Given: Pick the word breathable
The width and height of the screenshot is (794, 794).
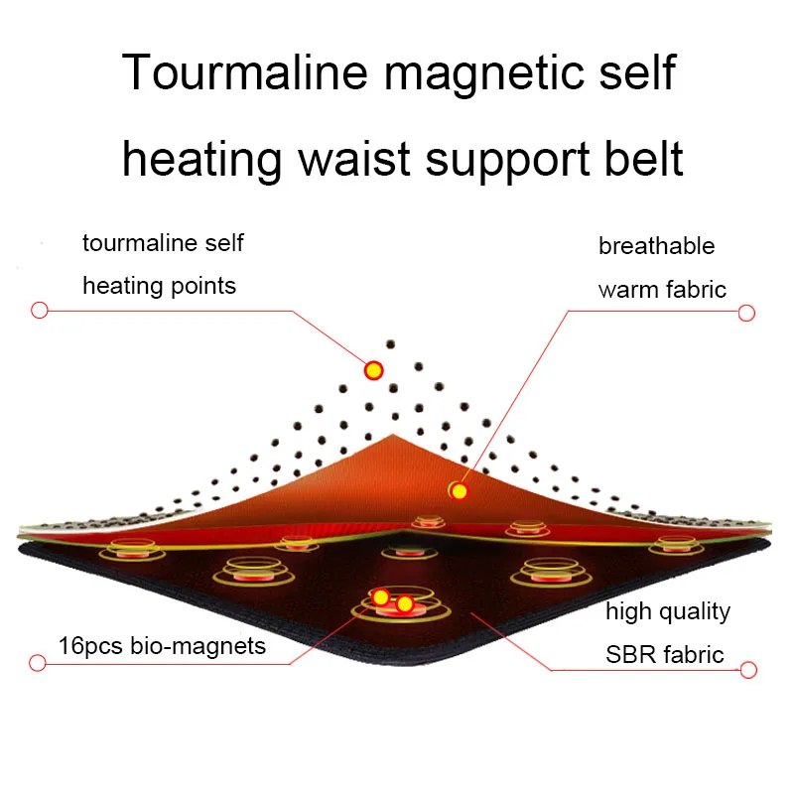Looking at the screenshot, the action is click(x=656, y=246).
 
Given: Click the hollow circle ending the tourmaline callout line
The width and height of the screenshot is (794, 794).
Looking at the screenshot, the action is click(x=40, y=310).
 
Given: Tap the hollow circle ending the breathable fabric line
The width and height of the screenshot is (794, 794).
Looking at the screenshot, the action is click(x=747, y=313).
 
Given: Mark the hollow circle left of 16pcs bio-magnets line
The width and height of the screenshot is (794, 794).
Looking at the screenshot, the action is click(x=39, y=662).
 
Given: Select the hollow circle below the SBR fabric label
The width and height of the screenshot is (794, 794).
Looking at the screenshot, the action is click(x=747, y=670).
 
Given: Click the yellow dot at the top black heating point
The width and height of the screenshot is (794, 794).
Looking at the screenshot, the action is click(x=374, y=371).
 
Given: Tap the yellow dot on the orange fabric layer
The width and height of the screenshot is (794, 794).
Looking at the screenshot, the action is click(x=459, y=490).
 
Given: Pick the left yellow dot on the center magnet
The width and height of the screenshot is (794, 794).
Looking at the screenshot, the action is click(x=380, y=596).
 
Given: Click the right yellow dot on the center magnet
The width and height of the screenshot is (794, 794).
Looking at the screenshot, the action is click(x=405, y=603).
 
